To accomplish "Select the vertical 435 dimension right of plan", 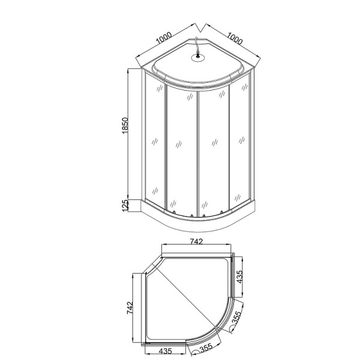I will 240,278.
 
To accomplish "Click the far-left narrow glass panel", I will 155,141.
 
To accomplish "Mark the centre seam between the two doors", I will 197,153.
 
